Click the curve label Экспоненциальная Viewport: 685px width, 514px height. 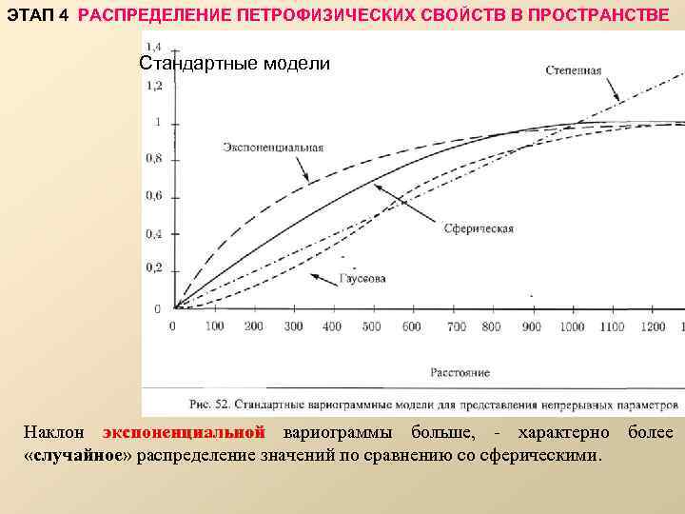pyautogui.click(x=273, y=148)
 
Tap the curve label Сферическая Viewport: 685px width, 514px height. pyautogui.click(x=478, y=228)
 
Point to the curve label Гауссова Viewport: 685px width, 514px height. pyautogui.click(x=362, y=279)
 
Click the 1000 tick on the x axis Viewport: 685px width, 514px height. pyautogui.click(x=572, y=326)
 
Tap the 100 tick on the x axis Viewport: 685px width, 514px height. pyautogui.click(x=214, y=326)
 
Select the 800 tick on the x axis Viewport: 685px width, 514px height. pyautogui.click(x=491, y=326)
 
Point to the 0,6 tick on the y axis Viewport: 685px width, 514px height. pyautogui.click(x=152, y=196)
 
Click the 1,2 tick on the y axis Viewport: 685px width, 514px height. pyautogui.click(x=152, y=86)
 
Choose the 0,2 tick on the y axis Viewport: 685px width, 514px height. pyautogui.click(x=152, y=269)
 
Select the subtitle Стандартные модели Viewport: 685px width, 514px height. pyautogui.click(x=234, y=64)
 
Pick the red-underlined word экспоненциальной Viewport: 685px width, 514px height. pyautogui.click(x=183, y=433)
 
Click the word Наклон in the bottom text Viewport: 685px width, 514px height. pyautogui.click(x=53, y=433)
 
